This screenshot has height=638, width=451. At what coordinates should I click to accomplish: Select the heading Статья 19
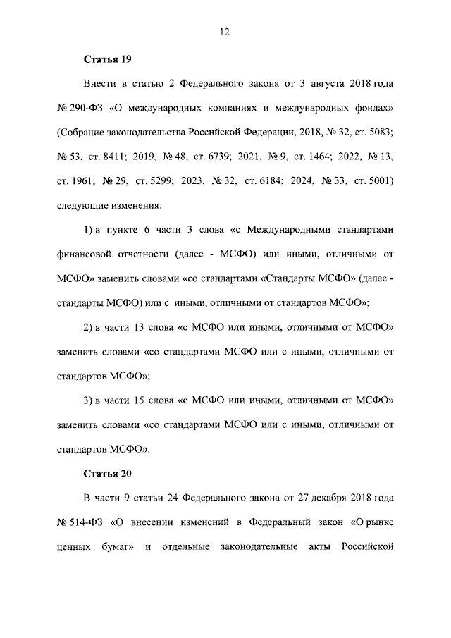pyautogui.click(x=108, y=57)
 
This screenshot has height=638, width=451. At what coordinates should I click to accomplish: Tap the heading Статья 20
pyautogui.click(x=108, y=472)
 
